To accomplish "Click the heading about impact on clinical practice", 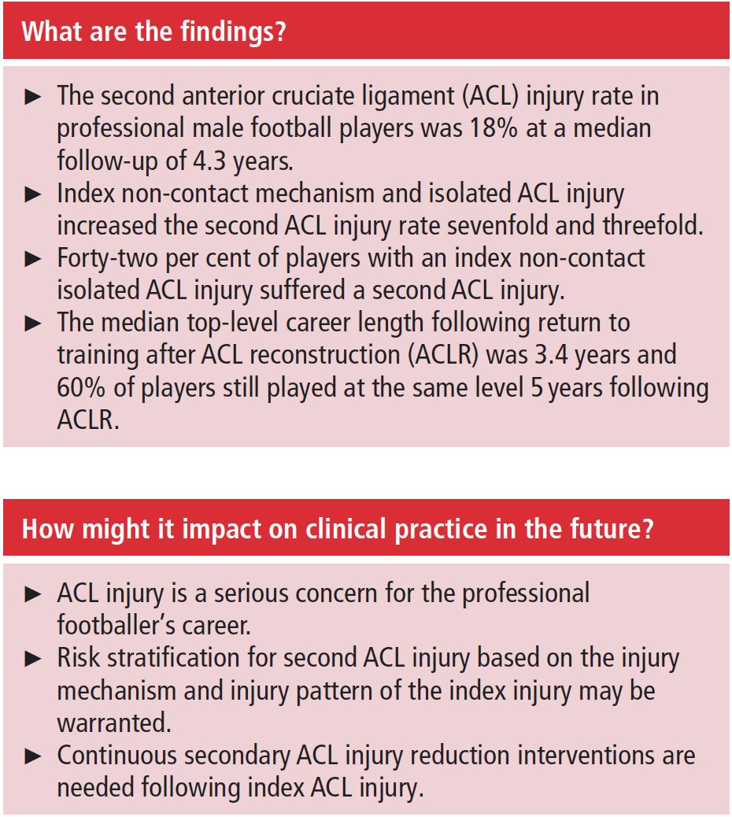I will coord(337,529).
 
